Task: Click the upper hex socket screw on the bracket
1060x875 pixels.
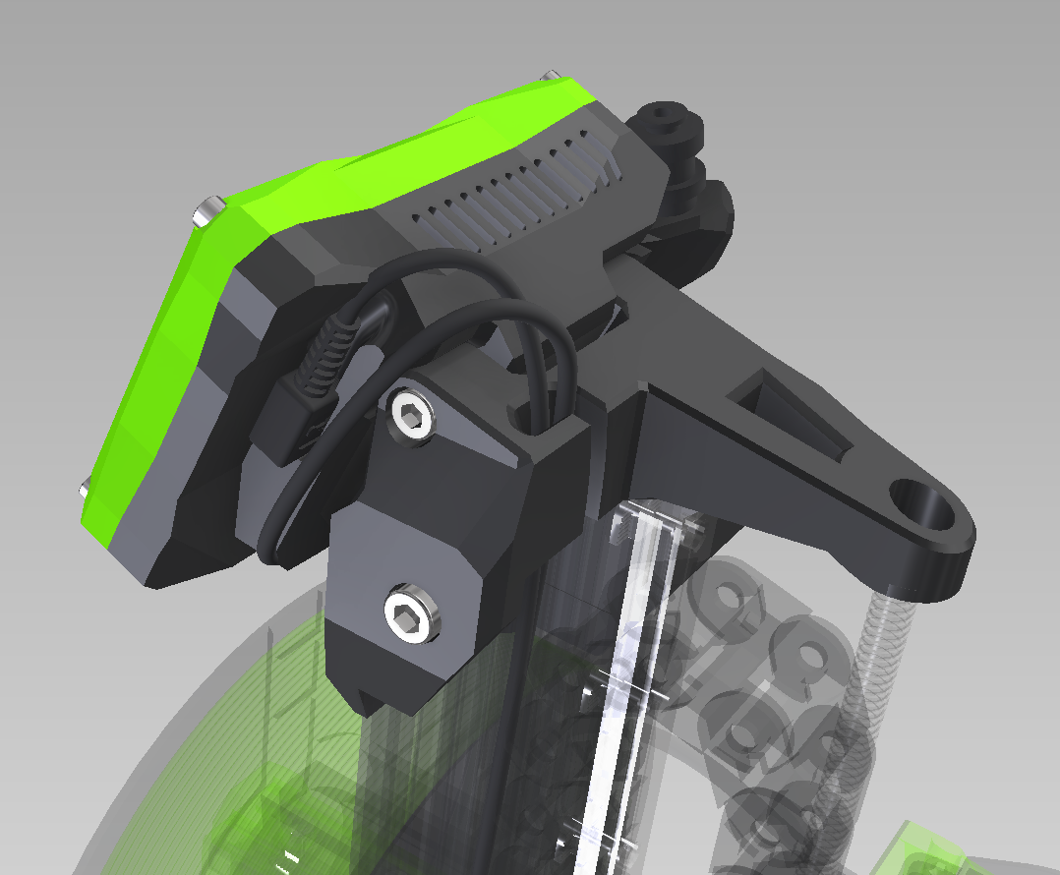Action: coord(411,417)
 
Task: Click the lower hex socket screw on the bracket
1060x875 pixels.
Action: coord(413,616)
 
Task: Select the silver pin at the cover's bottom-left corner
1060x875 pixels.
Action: coord(86,487)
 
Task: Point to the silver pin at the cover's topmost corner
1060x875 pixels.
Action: coord(552,75)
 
